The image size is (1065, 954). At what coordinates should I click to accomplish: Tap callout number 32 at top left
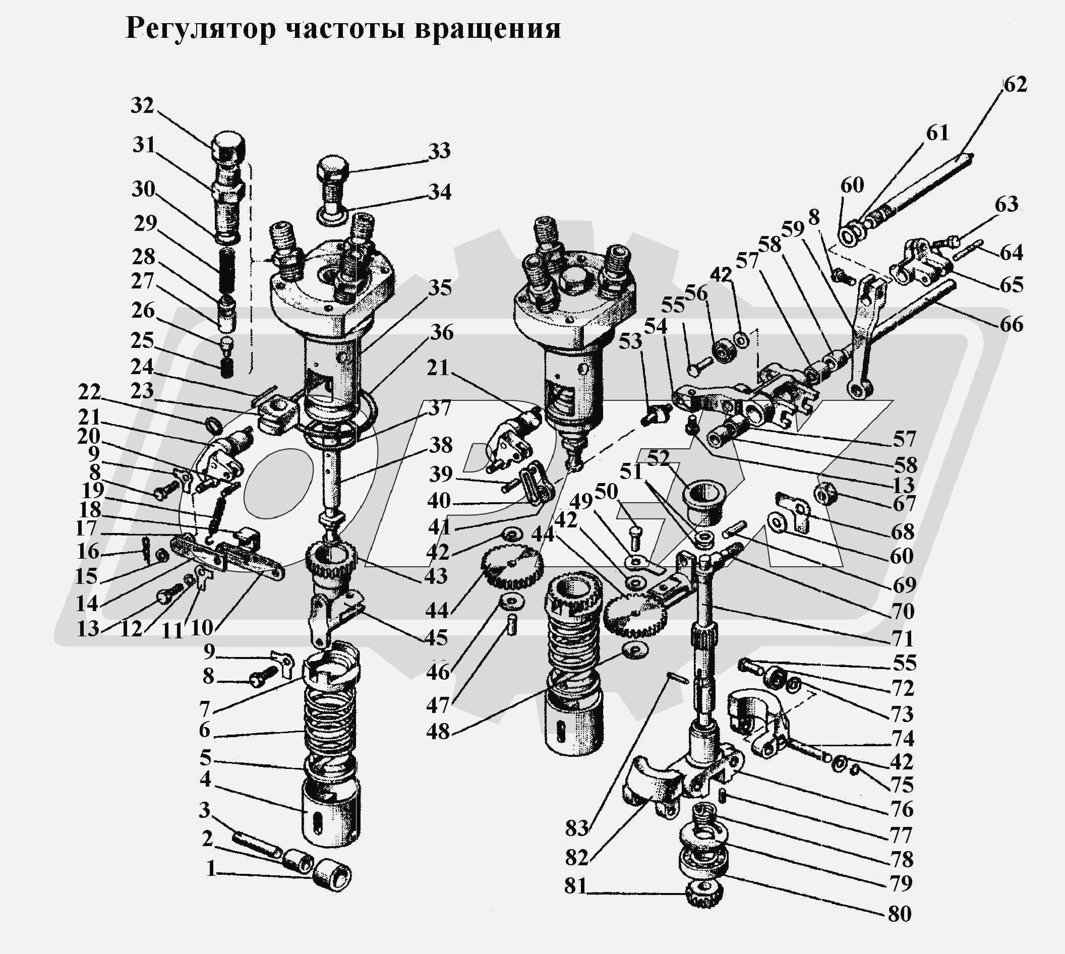coord(142,105)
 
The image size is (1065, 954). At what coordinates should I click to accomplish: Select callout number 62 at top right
coord(1015,84)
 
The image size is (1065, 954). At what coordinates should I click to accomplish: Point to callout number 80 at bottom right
coord(900,914)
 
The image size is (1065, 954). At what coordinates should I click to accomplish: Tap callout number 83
coord(576,829)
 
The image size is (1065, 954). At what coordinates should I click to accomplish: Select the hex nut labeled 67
coord(826,493)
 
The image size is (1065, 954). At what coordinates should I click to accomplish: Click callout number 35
coord(440,288)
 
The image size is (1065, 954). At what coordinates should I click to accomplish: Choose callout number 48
coord(438,732)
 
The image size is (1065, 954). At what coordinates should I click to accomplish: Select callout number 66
coord(1011,324)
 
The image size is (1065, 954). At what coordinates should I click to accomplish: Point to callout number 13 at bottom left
coord(88,628)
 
